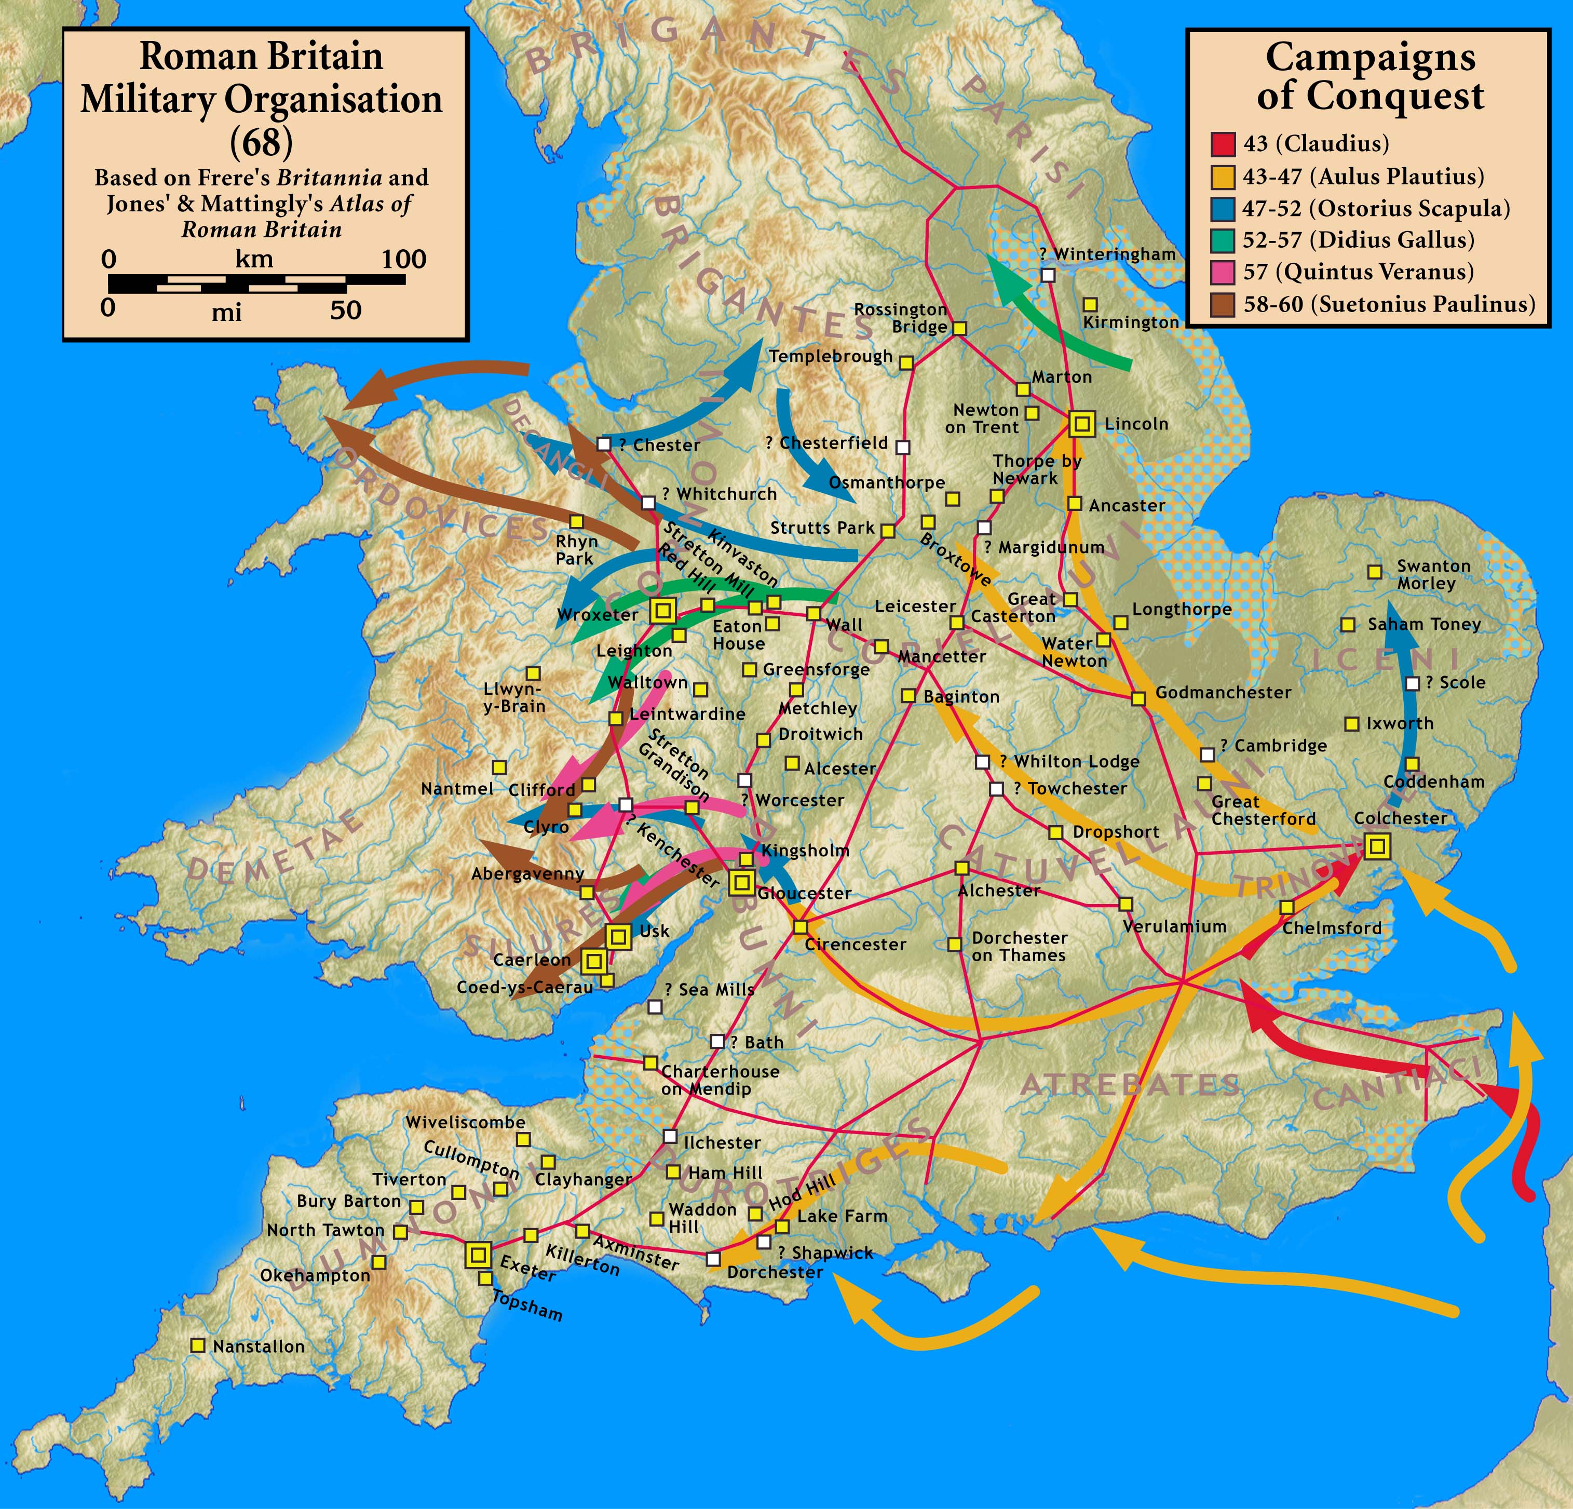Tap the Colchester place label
pos(1401,818)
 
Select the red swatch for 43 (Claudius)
pos(1222,144)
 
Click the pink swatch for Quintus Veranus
pos(1222,272)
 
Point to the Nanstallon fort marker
pos(197,1345)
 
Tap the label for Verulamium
pos(1174,926)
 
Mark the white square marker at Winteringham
pos(1047,275)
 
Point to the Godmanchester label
pos(1223,692)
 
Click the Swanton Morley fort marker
pos(1375,572)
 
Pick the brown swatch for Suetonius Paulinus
pos(1222,304)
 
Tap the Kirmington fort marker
pos(1090,305)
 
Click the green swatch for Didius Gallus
pos(1222,240)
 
